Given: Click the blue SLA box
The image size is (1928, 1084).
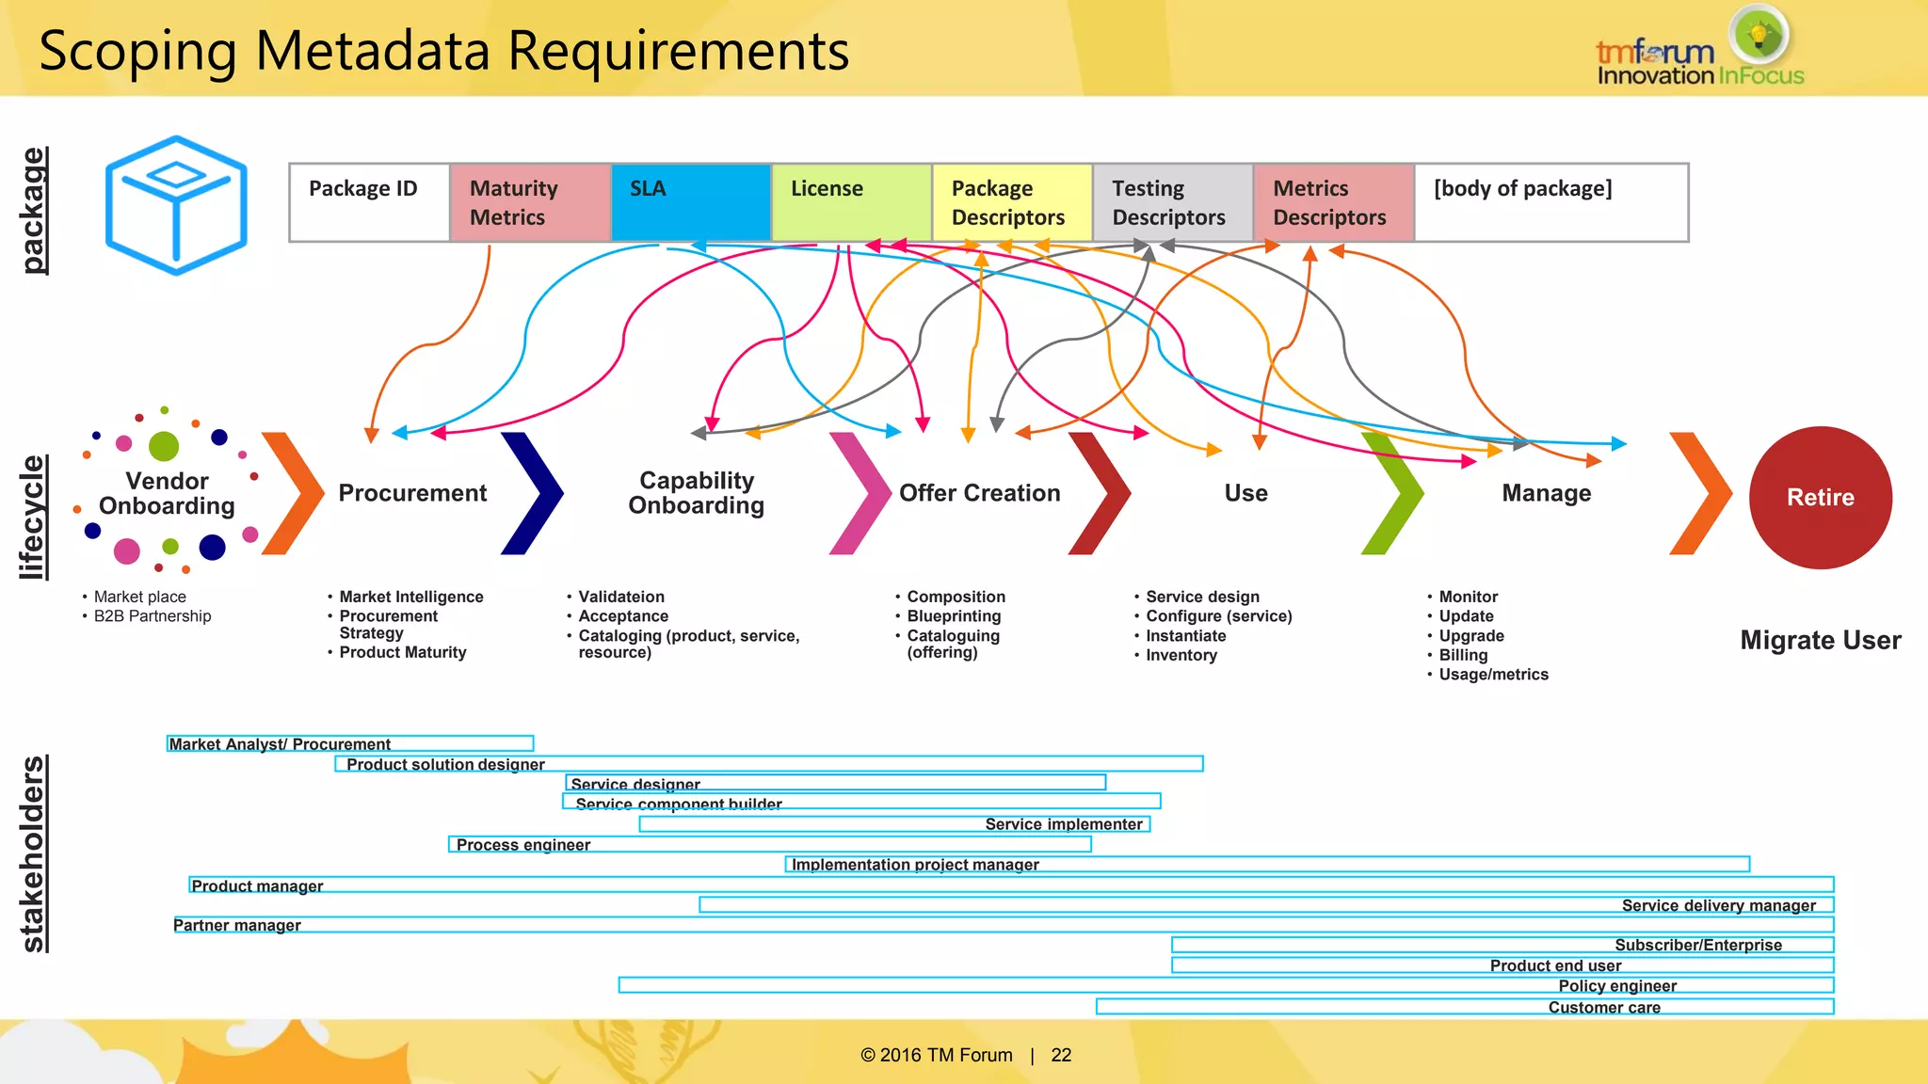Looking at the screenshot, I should click(691, 202).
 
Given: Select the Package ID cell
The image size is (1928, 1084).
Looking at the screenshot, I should click(369, 202).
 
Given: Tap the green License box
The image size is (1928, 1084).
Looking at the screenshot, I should click(851, 202).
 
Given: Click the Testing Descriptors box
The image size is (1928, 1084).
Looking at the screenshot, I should click(1172, 202).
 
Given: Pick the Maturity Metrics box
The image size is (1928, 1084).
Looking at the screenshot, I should click(530, 202).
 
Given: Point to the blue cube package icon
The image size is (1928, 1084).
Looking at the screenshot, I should click(176, 205).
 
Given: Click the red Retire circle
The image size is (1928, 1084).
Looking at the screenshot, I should click(1820, 497).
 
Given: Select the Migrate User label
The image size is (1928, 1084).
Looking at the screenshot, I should click(1820, 640).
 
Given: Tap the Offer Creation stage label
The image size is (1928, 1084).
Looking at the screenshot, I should click(979, 493).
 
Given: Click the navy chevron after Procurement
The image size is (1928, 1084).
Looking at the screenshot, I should click(533, 493).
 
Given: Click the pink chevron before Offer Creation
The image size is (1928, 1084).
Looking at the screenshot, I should click(860, 493).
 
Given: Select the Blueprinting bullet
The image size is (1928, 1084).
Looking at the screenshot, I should click(954, 616).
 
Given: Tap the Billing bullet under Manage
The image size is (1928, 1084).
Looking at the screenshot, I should click(1463, 655).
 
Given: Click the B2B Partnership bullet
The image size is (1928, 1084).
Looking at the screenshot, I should click(153, 616).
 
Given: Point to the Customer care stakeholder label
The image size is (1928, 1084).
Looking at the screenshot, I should click(1604, 1007).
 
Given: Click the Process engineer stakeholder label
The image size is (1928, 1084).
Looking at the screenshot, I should click(523, 844).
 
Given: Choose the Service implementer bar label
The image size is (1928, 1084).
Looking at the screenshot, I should click(1064, 824).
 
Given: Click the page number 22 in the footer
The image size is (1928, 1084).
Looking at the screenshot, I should click(1061, 1055).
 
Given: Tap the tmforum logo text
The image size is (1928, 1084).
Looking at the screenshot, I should click(1654, 53).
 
